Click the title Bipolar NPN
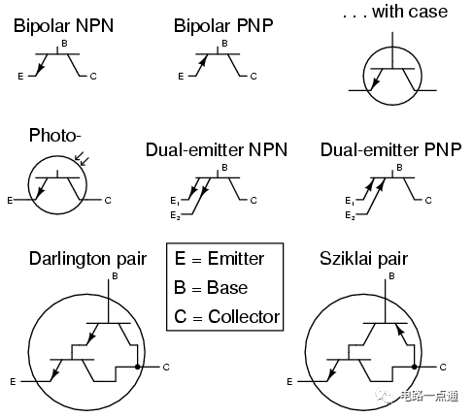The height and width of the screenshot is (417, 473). coord(63,26)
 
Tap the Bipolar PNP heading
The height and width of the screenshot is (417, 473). coord(223,26)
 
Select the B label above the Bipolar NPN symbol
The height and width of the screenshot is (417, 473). coord(64,44)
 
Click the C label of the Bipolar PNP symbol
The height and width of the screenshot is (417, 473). coord(253,77)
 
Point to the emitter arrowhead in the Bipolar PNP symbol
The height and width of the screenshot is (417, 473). coord(202,61)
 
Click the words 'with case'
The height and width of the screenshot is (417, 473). coord(410,12)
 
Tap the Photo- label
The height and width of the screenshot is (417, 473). coord(54,135)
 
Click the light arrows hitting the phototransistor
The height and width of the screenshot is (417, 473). coord(82,158)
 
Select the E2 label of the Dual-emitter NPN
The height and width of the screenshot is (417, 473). coord(175,215)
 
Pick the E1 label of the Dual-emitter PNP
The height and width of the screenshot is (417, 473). coord(350,201)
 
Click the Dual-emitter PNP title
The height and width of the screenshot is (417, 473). coord(390,150)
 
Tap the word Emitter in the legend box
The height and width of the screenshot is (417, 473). coord(236,259)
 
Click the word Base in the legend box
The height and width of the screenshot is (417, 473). coord(227,287)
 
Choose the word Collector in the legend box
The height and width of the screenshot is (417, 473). coord(244,316)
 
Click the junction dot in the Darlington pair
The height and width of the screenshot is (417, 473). coord(138,367)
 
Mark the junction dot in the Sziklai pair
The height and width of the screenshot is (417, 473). coord(415,367)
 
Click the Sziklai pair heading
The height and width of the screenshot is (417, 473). coord(363,259)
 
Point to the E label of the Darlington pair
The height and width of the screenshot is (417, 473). coord(13,382)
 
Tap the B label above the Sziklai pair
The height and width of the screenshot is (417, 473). coord(391,276)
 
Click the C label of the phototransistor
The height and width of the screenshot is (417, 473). coord(108,201)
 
